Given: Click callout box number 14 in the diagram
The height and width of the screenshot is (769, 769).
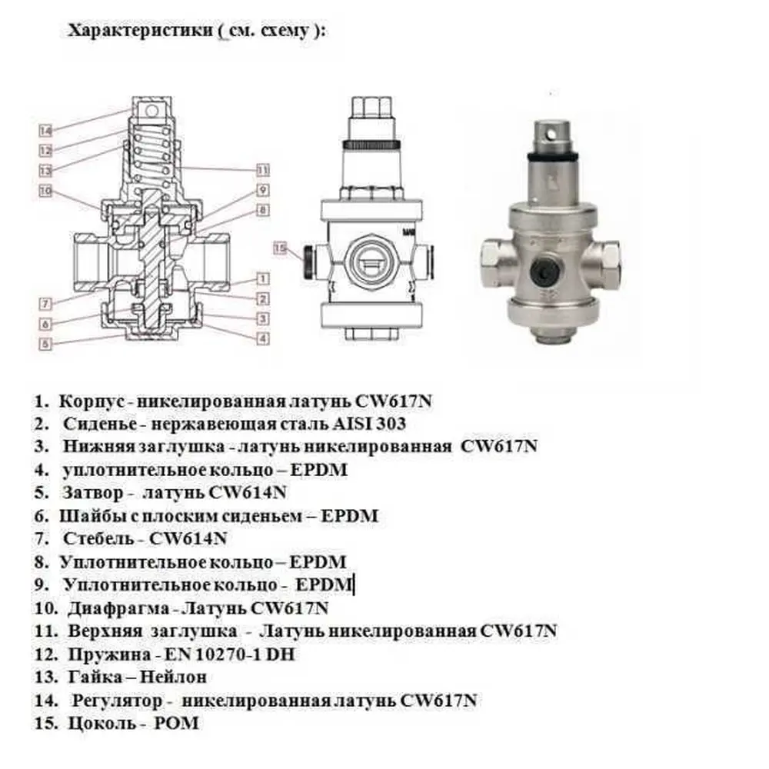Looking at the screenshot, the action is [x=45, y=131].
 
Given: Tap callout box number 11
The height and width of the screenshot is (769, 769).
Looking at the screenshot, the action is [x=263, y=170].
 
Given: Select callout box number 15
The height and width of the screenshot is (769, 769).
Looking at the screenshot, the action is [x=280, y=248].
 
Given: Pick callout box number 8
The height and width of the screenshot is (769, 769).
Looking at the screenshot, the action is [x=263, y=210].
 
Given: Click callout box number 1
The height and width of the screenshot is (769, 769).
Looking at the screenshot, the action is [x=263, y=278].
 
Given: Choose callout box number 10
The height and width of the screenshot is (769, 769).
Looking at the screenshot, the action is [x=45, y=190].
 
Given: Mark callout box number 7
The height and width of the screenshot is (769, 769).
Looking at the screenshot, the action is [x=45, y=304].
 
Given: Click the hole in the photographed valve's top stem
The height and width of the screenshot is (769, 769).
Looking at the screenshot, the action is [x=552, y=133].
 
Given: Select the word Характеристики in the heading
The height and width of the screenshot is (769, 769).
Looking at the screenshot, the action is [x=140, y=31].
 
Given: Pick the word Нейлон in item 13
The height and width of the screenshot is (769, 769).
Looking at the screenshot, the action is [x=173, y=677].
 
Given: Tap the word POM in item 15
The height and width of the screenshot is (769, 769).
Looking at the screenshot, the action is [x=177, y=723].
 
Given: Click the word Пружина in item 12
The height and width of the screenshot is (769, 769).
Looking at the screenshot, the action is [x=109, y=654].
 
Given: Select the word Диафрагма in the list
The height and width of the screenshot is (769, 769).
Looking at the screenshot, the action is [x=118, y=608].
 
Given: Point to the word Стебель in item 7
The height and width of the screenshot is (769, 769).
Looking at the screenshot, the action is [x=98, y=538].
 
